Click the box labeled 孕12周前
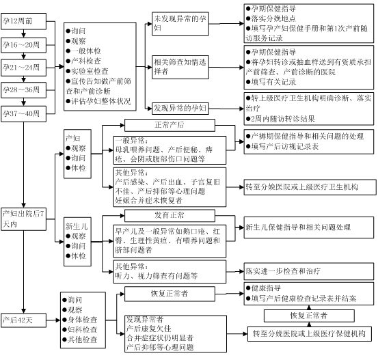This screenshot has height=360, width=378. click(x=23, y=21)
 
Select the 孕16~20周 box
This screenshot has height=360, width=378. click(x=23, y=45)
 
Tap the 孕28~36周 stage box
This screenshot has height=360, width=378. click(x=23, y=90)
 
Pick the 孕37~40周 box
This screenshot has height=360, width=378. click(x=23, y=113)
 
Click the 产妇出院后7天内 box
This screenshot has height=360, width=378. click(x=23, y=219)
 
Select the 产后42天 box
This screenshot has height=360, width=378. click(x=23, y=320)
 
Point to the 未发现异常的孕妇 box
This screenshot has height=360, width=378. click(x=180, y=24)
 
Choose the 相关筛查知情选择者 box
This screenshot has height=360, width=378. click(x=180, y=67)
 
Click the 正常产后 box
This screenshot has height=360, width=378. click(x=170, y=125)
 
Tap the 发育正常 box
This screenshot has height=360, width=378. click(x=170, y=215)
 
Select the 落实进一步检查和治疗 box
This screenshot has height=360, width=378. click(x=309, y=271)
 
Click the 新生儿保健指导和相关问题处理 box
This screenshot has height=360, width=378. click(x=309, y=227)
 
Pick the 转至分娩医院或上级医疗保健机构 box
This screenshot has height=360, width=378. click(x=309, y=334)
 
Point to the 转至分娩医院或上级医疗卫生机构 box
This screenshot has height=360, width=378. click(x=310, y=187)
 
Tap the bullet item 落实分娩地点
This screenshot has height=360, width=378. click(x=271, y=18)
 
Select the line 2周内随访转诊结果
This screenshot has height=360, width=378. click(x=280, y=119)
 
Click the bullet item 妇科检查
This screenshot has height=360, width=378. click(x=80, y=329)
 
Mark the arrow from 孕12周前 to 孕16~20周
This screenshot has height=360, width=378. click(x=23, y=33)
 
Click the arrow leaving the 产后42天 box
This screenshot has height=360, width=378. click(x=53, y=320)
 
